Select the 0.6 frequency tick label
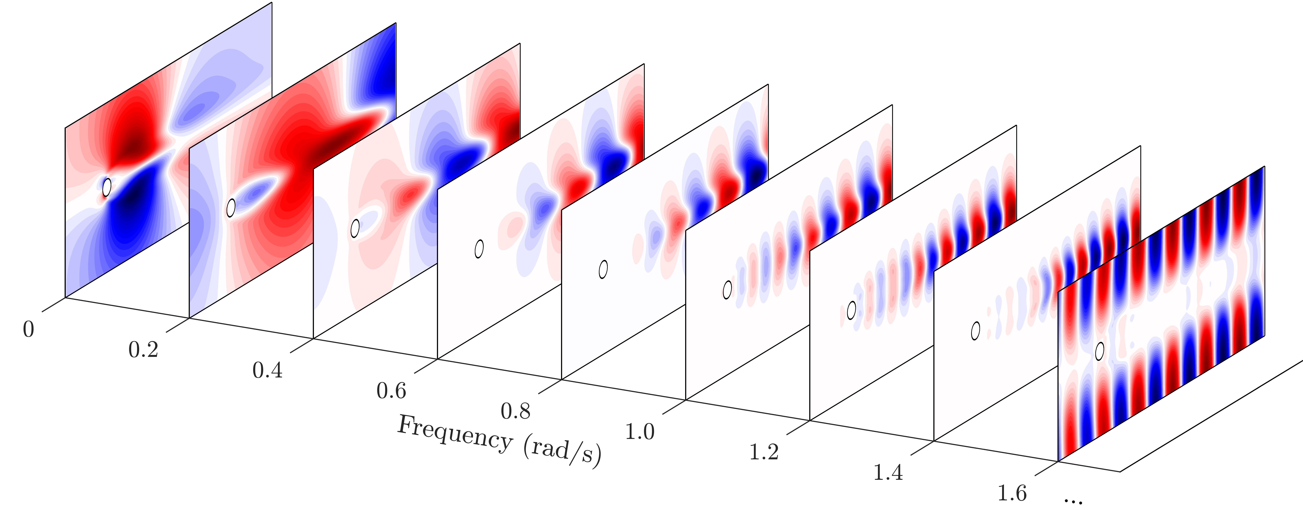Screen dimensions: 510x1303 coord(391,391)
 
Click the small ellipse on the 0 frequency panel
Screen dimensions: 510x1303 coord(107,187)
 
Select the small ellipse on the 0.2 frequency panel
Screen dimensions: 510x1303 coord(231,208)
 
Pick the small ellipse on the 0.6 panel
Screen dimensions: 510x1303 coord(479,249)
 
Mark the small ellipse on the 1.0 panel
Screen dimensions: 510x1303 coord(727,290)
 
